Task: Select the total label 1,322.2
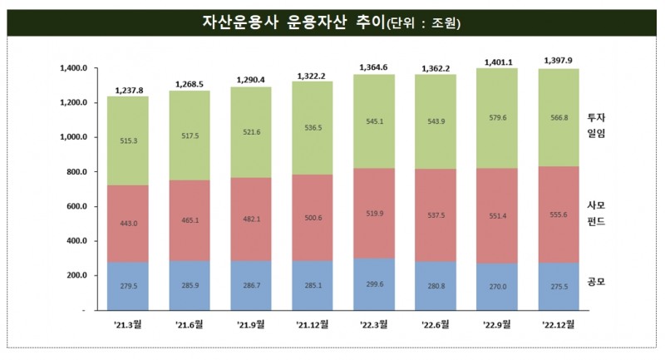[x=312, y=76]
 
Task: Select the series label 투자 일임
[x=596, y=126]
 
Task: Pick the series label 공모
[x=596, y=282]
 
